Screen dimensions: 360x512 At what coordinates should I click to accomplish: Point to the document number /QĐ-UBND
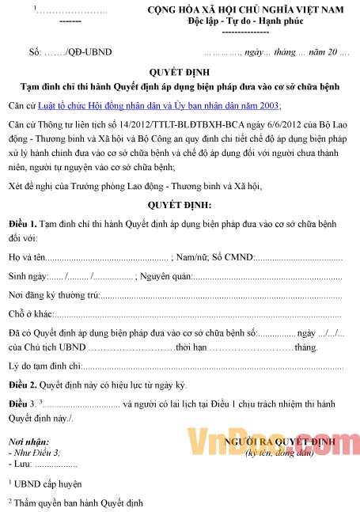[92, 52]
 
